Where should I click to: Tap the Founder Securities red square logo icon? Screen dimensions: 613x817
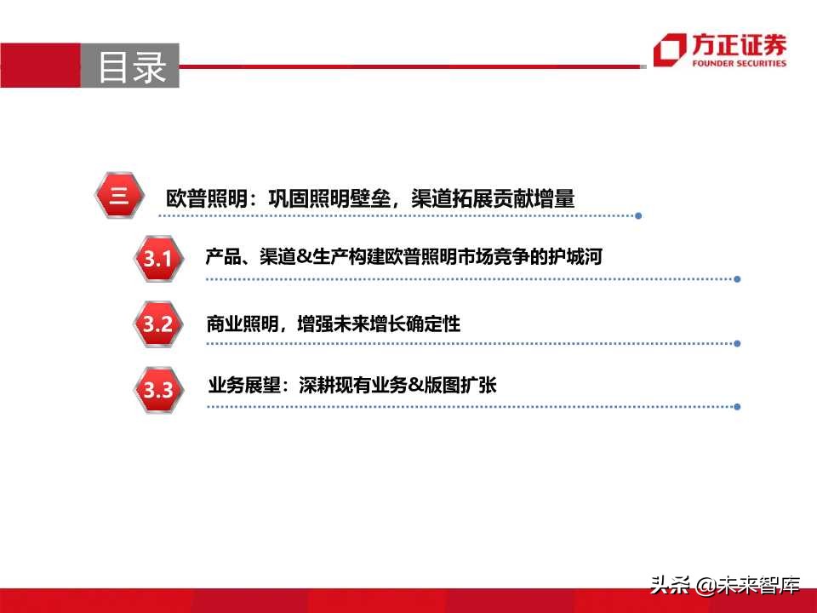(668, 50)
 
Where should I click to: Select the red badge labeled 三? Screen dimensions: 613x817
(118, 197)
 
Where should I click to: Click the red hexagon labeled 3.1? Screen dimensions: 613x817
(158, 259)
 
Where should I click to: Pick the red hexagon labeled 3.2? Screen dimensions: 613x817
(158, 324)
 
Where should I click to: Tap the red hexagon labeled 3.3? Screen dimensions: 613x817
(158, 391)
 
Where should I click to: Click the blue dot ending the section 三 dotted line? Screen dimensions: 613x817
(638, 215)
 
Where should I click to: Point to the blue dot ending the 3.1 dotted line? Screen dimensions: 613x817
(737, 278)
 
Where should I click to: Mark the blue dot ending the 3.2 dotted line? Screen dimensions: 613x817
(737, 344)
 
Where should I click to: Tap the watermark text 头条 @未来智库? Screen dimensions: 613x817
(725, 585)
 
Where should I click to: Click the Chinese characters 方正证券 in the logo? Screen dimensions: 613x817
(740, 46)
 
